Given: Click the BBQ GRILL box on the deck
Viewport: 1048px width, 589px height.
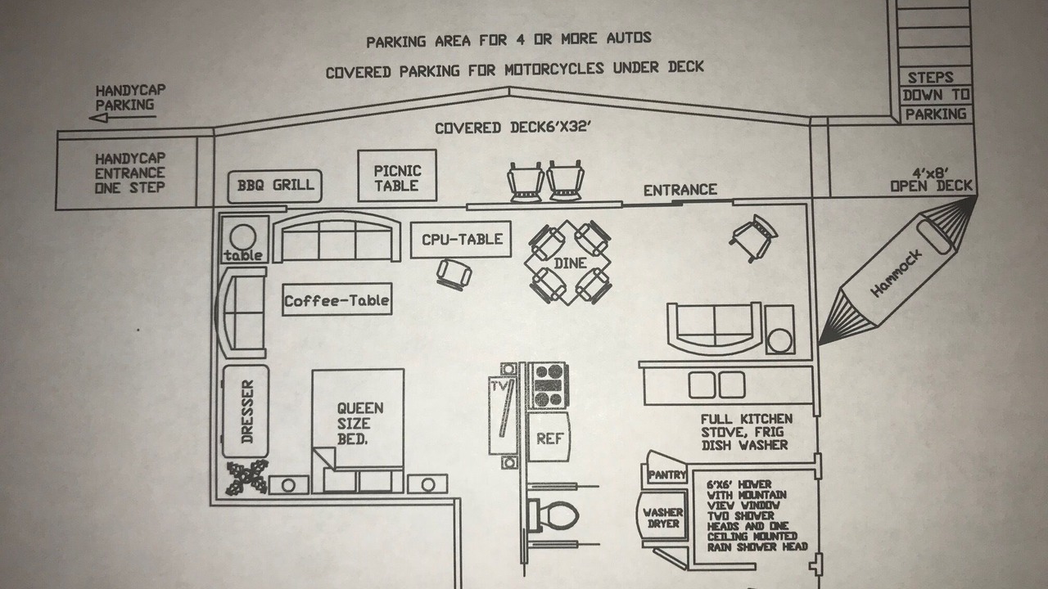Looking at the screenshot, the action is tap(275, 186).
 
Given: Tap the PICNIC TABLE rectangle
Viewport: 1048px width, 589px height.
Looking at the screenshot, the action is tap(397, 175).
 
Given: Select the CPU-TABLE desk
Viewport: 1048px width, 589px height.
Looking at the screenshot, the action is tap(461, 240).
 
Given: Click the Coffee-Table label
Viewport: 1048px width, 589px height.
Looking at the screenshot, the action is tap(337, 300).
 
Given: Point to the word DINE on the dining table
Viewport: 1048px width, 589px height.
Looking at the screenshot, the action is tap(570, 263).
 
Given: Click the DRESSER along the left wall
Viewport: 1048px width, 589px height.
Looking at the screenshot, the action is tap(246, 411).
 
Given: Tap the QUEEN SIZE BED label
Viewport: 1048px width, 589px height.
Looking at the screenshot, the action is tap(359, 424).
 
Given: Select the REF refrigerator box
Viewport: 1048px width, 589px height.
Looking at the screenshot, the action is tap(549, 438).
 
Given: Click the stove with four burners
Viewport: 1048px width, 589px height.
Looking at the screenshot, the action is tap(549, 385).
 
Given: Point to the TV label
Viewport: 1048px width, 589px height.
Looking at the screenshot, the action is tap(499, 386).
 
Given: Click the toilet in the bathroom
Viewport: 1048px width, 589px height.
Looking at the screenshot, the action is tap(553, 515).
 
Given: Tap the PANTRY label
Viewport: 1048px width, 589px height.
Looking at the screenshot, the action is tap(666, 475).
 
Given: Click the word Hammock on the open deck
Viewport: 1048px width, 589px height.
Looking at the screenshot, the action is tap(896, 273).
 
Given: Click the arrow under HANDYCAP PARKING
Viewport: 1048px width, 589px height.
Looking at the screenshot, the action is tap(123, 117).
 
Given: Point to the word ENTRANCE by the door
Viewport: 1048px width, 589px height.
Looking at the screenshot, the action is tap(680, 190).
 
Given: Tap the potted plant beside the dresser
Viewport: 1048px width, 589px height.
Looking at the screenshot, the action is tap(247, 477).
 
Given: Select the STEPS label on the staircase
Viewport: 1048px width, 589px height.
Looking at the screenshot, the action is tap(931, 77).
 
